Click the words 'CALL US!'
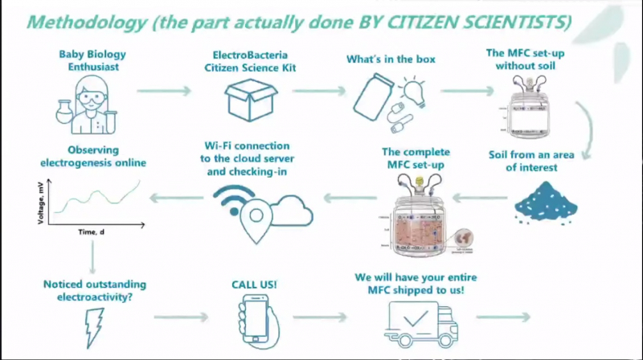(255, 284)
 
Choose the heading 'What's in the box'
(383, 59)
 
